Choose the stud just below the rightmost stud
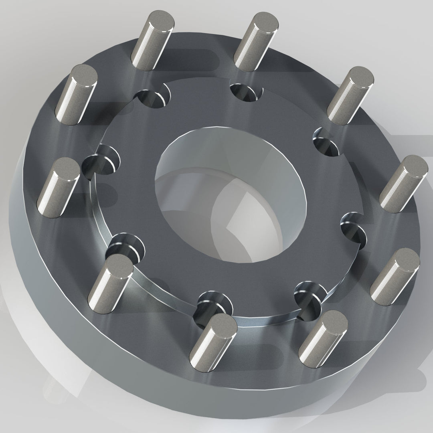coord(395,277)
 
